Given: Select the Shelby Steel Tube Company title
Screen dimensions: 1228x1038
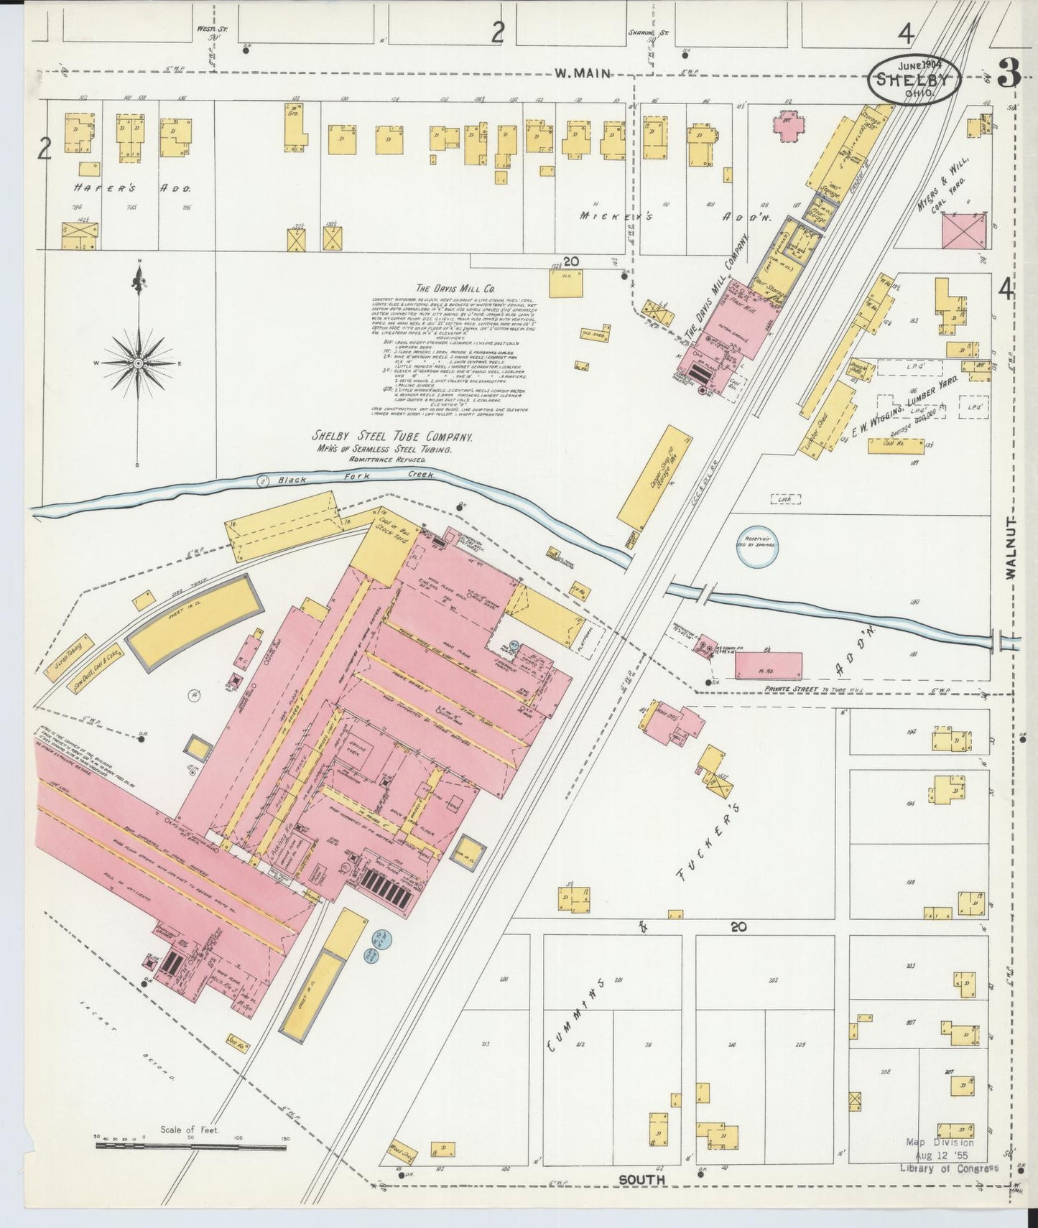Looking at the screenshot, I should [x=391, y=437].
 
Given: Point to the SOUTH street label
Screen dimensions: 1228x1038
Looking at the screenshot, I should [x=642, y=1179].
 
